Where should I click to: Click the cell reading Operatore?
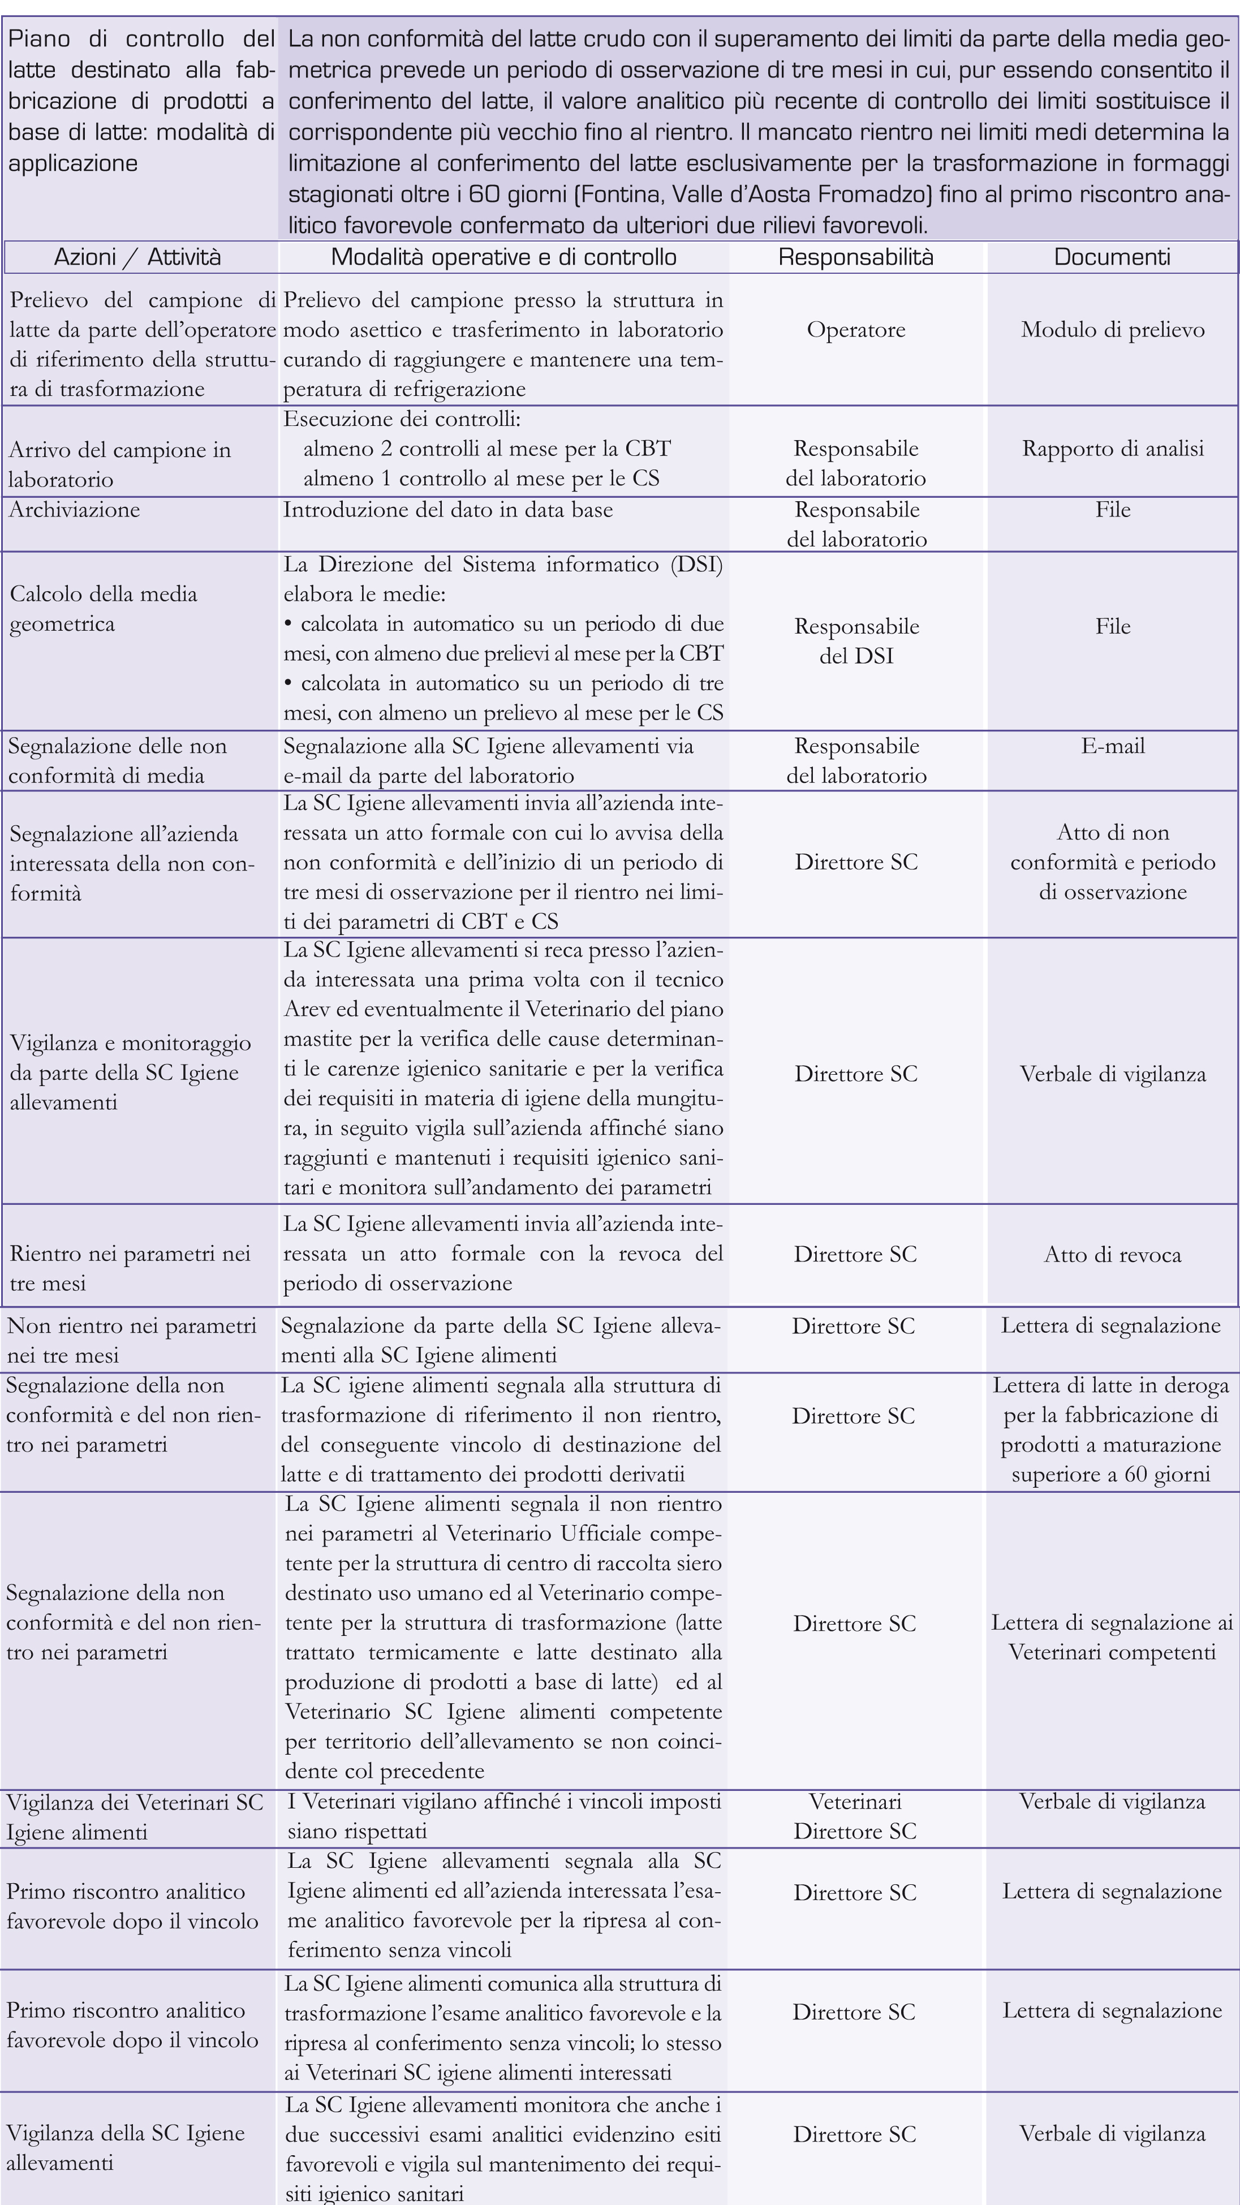pos(856,330)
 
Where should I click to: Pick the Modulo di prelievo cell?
pos(1113,330)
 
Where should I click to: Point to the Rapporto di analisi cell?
pos(1113,449)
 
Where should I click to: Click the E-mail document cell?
pos(1113,746)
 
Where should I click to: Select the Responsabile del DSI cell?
pos(856,641)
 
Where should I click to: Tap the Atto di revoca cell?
pos(1113,1255)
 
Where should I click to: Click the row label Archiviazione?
pos(75,510)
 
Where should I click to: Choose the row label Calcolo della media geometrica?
pos(104,609)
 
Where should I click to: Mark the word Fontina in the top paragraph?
pos(623,194)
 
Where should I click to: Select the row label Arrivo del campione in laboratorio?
pos(120,464)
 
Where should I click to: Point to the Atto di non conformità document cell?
pos(1113,862)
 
